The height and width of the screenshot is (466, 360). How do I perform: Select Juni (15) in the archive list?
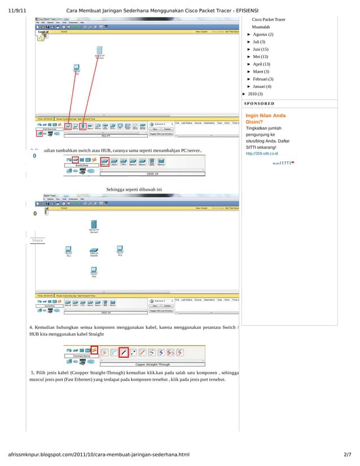(x=264, y=50)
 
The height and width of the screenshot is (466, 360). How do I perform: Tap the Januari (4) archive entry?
(x=262, y=86)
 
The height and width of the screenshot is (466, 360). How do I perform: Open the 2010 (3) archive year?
(x=255, y=94)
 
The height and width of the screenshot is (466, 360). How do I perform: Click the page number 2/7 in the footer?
(x=347, y=455)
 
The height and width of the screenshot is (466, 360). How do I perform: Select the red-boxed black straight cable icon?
(x=124, y=353)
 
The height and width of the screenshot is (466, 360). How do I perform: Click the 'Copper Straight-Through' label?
(x=152, y=364)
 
